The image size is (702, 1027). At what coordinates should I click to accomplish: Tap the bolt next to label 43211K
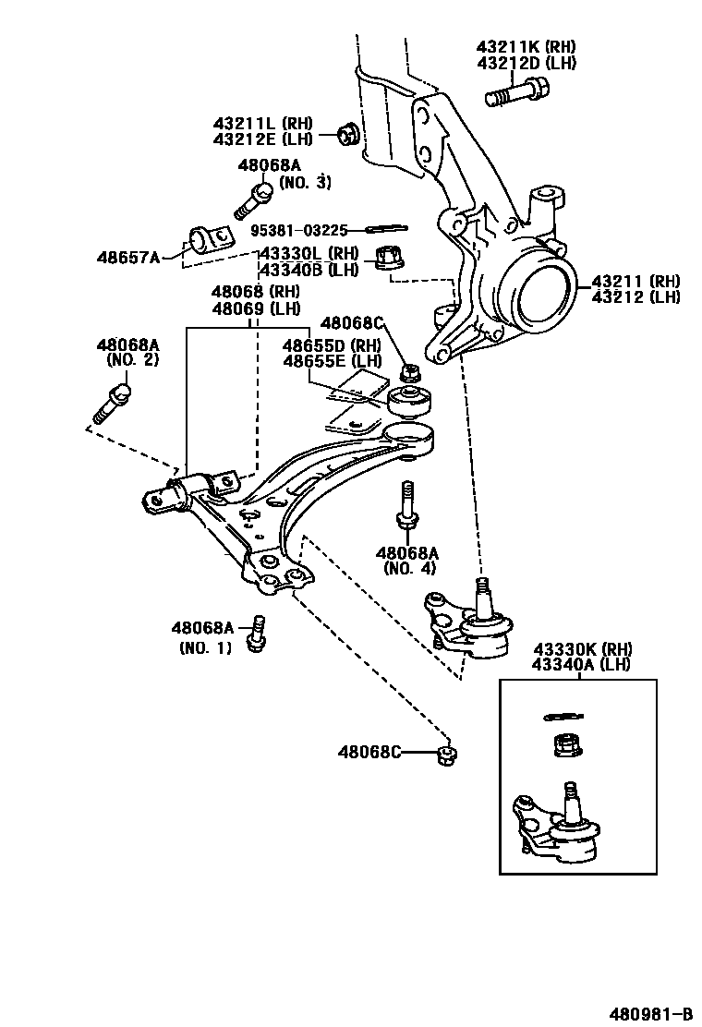(x=516, y=93)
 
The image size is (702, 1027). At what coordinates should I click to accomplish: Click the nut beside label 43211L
(x=348, y=135)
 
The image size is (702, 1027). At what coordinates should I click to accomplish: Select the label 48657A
(x=128, y=257)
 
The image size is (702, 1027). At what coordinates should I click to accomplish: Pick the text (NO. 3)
(x=305, y=182)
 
